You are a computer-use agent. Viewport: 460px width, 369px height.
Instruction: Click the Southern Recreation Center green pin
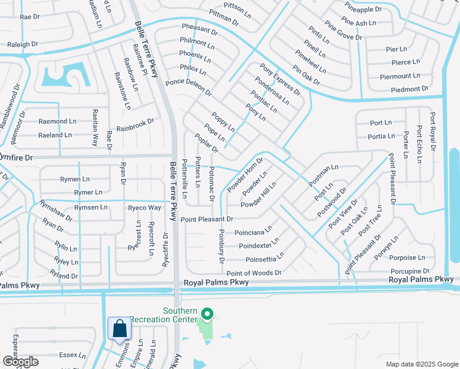[x=207, y=315]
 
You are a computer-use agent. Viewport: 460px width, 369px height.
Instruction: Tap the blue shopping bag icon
[x=119, y=328]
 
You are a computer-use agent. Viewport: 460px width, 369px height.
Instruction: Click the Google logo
[x=20, y=362]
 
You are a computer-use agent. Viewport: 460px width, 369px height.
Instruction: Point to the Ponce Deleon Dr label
[x=188, y=87]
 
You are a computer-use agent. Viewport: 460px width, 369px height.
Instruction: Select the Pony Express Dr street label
[x=280, y=79]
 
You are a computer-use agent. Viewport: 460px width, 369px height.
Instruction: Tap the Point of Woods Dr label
[x=254, y=272]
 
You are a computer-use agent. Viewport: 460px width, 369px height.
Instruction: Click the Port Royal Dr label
[x=433, y=131]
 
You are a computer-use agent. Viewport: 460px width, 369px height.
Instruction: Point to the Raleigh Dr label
[x=22, y=44]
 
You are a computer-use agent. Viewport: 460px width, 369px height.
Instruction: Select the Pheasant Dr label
[x=200, y=30]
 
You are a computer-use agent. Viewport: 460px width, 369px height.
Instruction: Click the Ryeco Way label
[x=144, y=208]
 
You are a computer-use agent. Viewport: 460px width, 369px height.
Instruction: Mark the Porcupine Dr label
[x=409, y=271]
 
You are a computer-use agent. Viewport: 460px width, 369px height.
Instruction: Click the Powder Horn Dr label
[x=245, y=175]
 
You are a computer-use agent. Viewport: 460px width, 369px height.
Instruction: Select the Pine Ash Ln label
[x=358, y=23]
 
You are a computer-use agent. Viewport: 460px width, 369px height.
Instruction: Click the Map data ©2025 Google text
[x=422, y=364]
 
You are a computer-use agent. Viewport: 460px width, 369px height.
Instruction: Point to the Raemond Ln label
[x=57, y=122]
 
